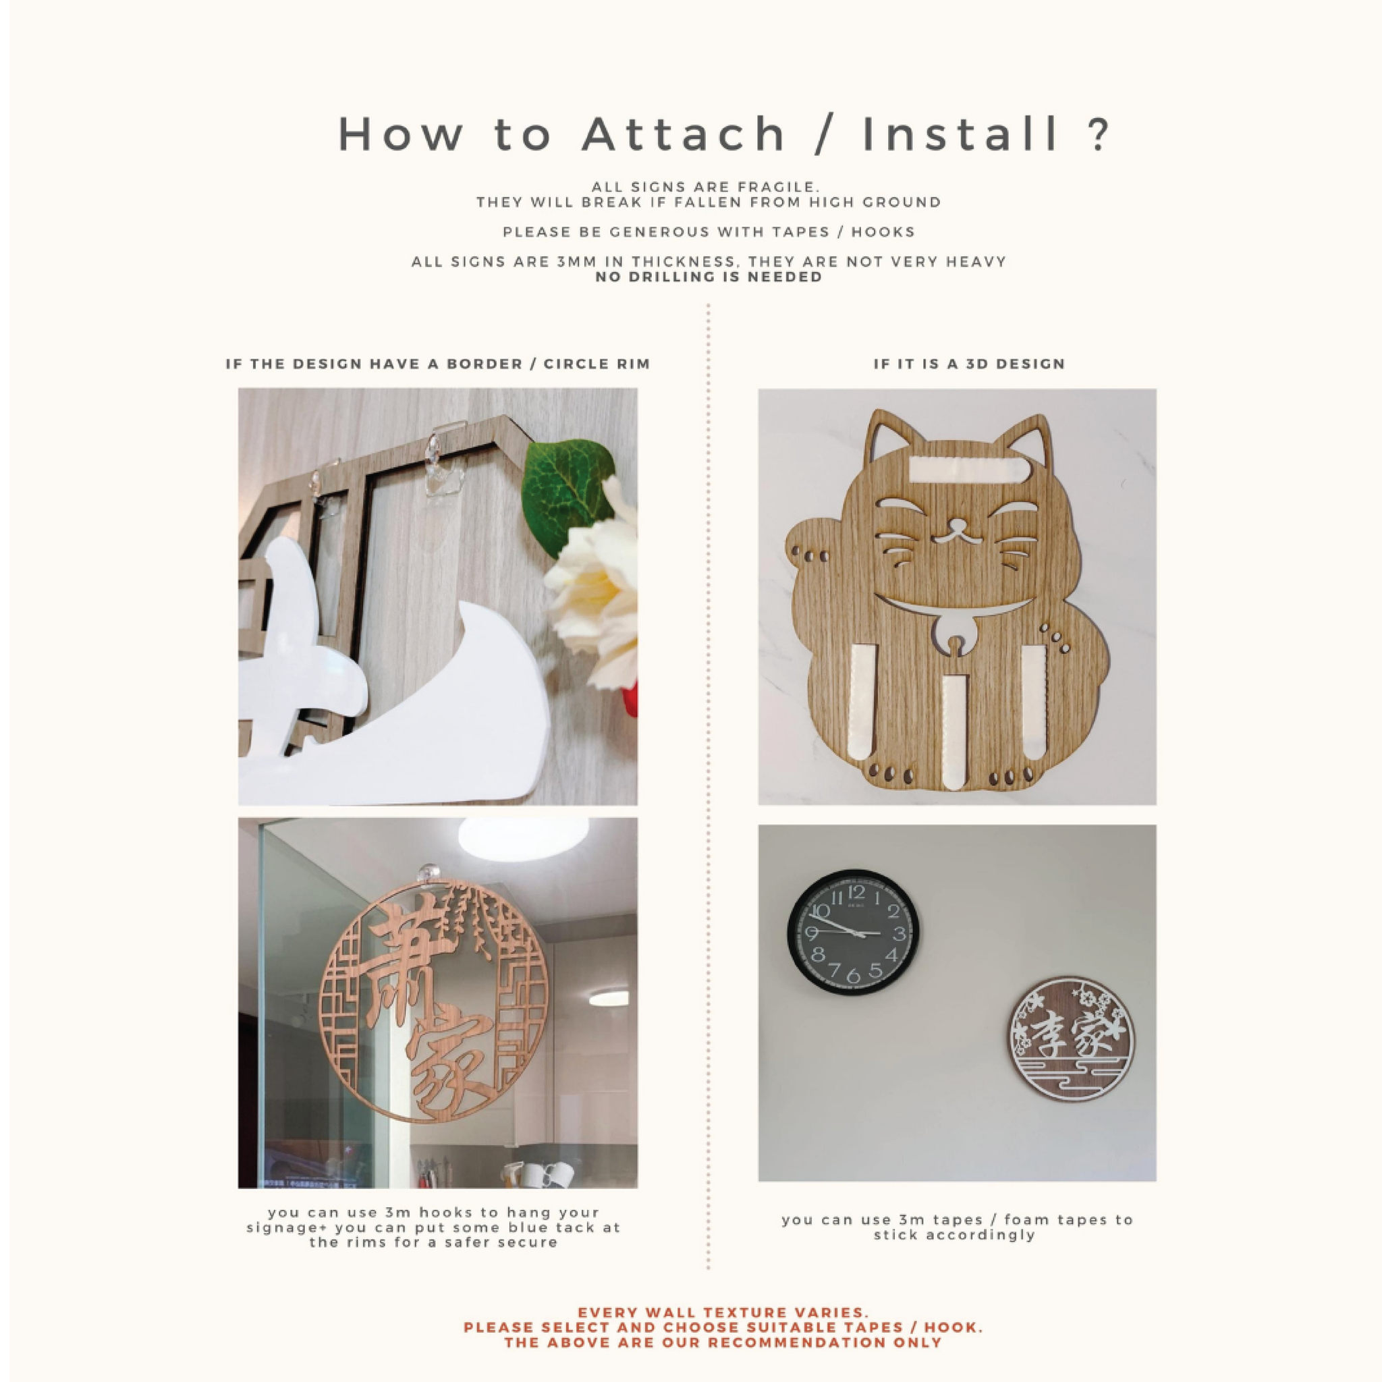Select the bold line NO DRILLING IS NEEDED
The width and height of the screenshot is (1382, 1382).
click(709, 277)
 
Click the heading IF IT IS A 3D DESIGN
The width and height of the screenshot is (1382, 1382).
click(969, 364)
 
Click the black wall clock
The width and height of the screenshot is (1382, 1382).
click(854, 933)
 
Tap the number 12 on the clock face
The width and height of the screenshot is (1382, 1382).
click(856, 892)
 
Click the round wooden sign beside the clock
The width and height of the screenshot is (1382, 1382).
click(1071, 1041)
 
